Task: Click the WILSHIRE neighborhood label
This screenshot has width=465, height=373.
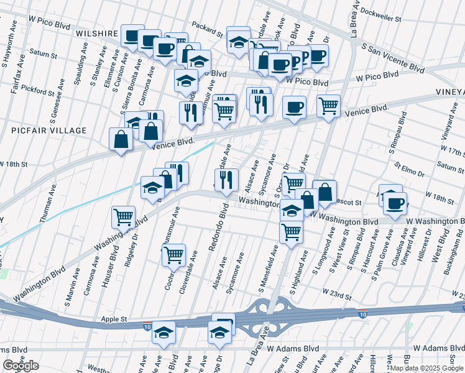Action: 97,33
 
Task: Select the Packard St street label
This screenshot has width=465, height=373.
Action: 207,30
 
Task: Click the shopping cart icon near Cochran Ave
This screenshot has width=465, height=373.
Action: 173,254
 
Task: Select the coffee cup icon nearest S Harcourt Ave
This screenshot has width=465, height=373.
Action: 395,203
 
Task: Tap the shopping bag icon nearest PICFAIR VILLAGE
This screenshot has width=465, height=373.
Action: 121,139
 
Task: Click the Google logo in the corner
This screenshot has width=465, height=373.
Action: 21,366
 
